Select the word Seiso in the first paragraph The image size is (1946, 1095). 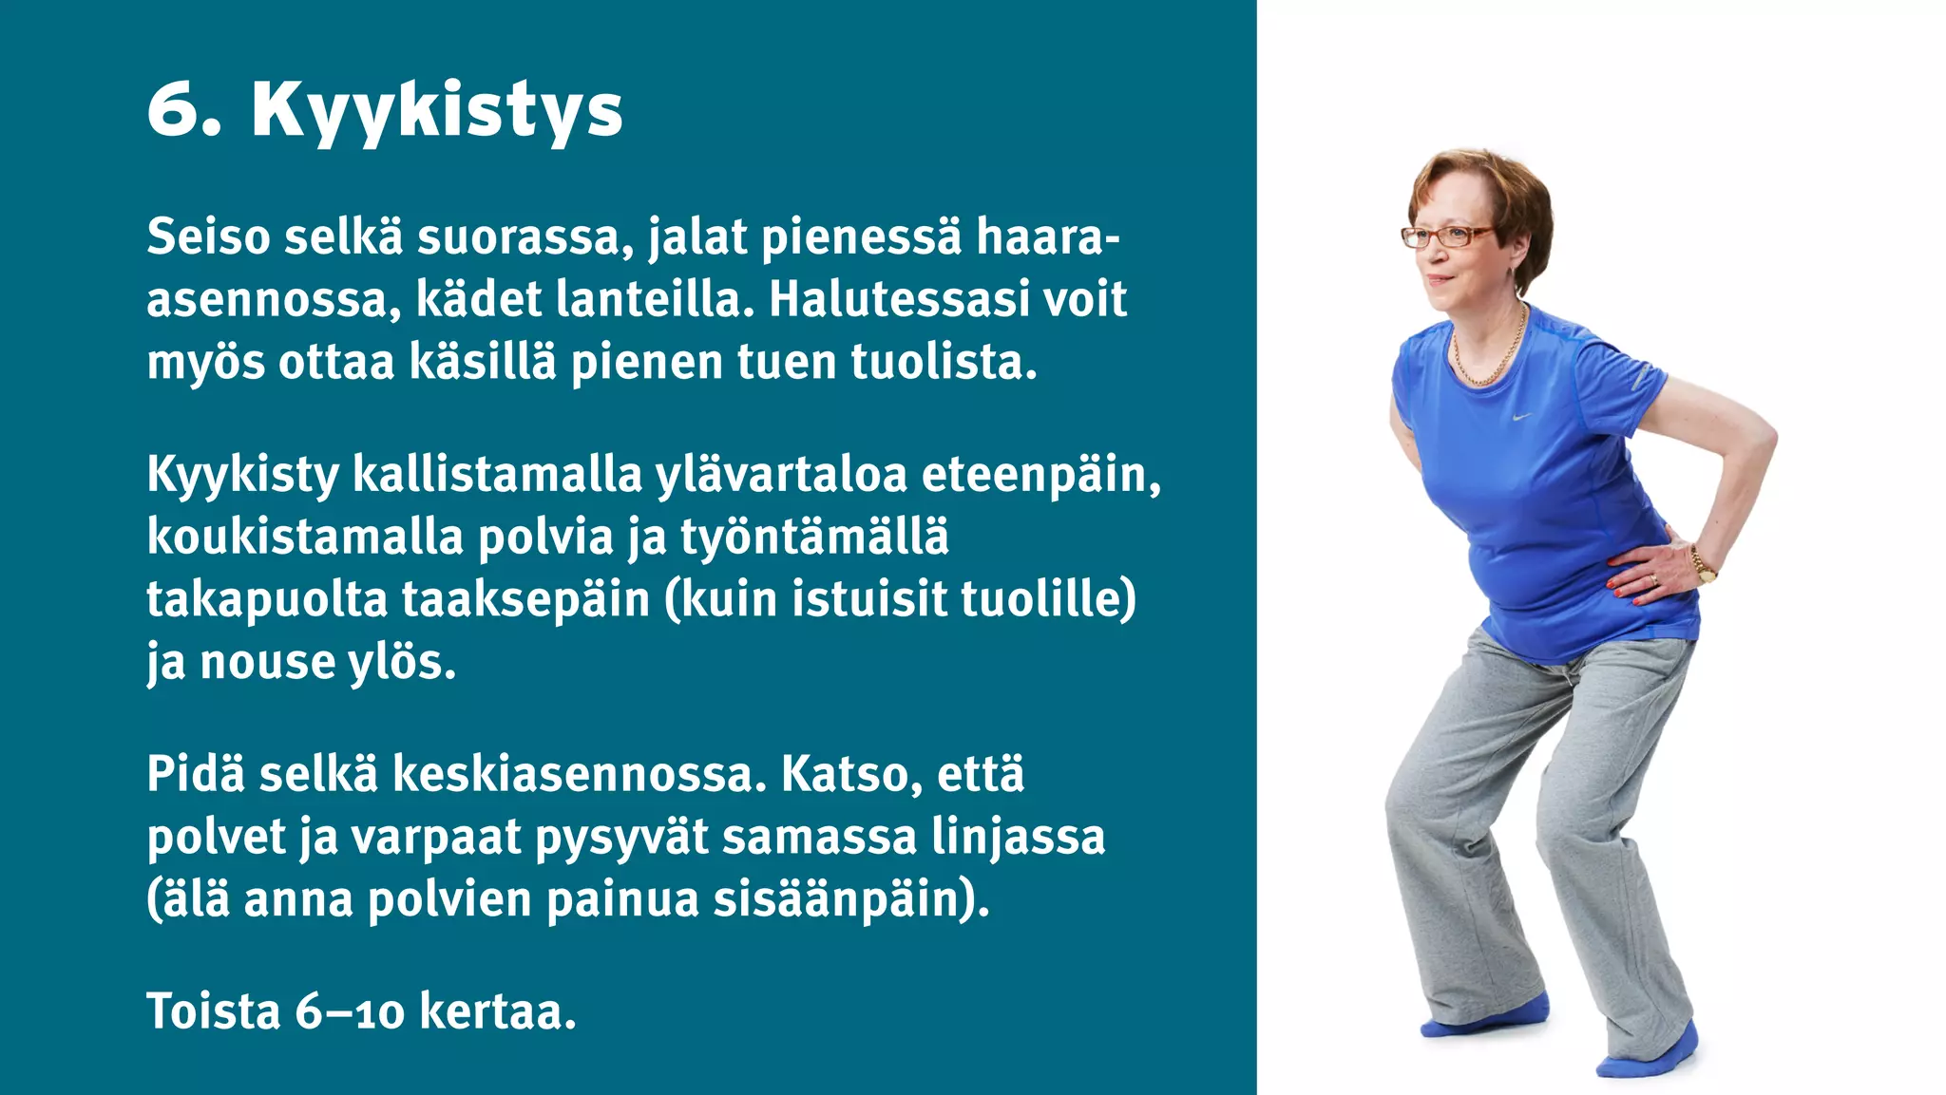(x=208, y=236)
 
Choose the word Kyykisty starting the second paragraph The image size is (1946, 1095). (x=242, y=475)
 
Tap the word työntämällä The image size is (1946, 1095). (x=814, y=538)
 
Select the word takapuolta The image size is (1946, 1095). (x=267, y=600)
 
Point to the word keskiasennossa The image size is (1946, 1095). (x=579, y=774)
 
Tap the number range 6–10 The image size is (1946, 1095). (x=349, y=1011)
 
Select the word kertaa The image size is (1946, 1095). (x=497, y=1011)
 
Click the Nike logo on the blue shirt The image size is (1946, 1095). (x=1522, y=416)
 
